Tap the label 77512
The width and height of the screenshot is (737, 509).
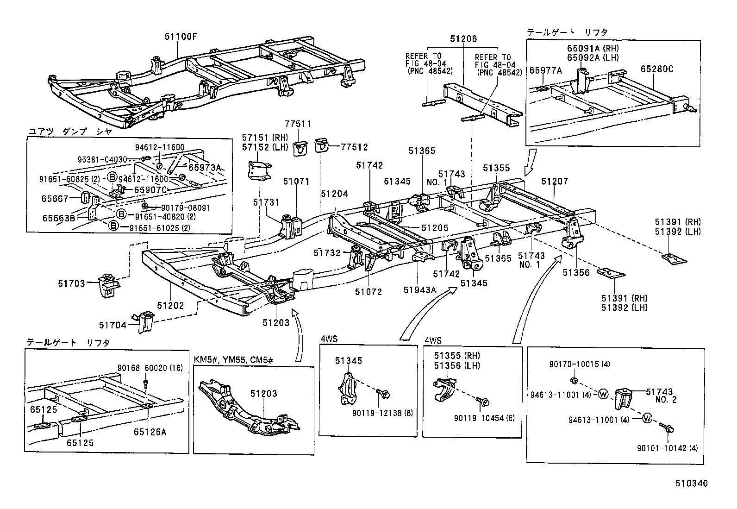[x=355, y=147]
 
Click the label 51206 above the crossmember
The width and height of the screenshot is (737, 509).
[x=463, y=39]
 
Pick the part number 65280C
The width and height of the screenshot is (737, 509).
[x=657, y=69]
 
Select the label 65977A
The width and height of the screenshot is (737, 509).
[x=545, y=70]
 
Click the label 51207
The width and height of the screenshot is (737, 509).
[x=555, y=181]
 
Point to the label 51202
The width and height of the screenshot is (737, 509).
[x=170, y=306]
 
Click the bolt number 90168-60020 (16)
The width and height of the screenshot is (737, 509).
[x=150, y=368]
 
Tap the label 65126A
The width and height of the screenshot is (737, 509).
[x=150, y=432]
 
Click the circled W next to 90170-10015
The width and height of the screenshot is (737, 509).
[x=603, y=394]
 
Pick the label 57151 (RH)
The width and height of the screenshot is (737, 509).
[x=265, y=137]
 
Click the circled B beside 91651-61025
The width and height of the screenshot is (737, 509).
[x=112, y=226]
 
